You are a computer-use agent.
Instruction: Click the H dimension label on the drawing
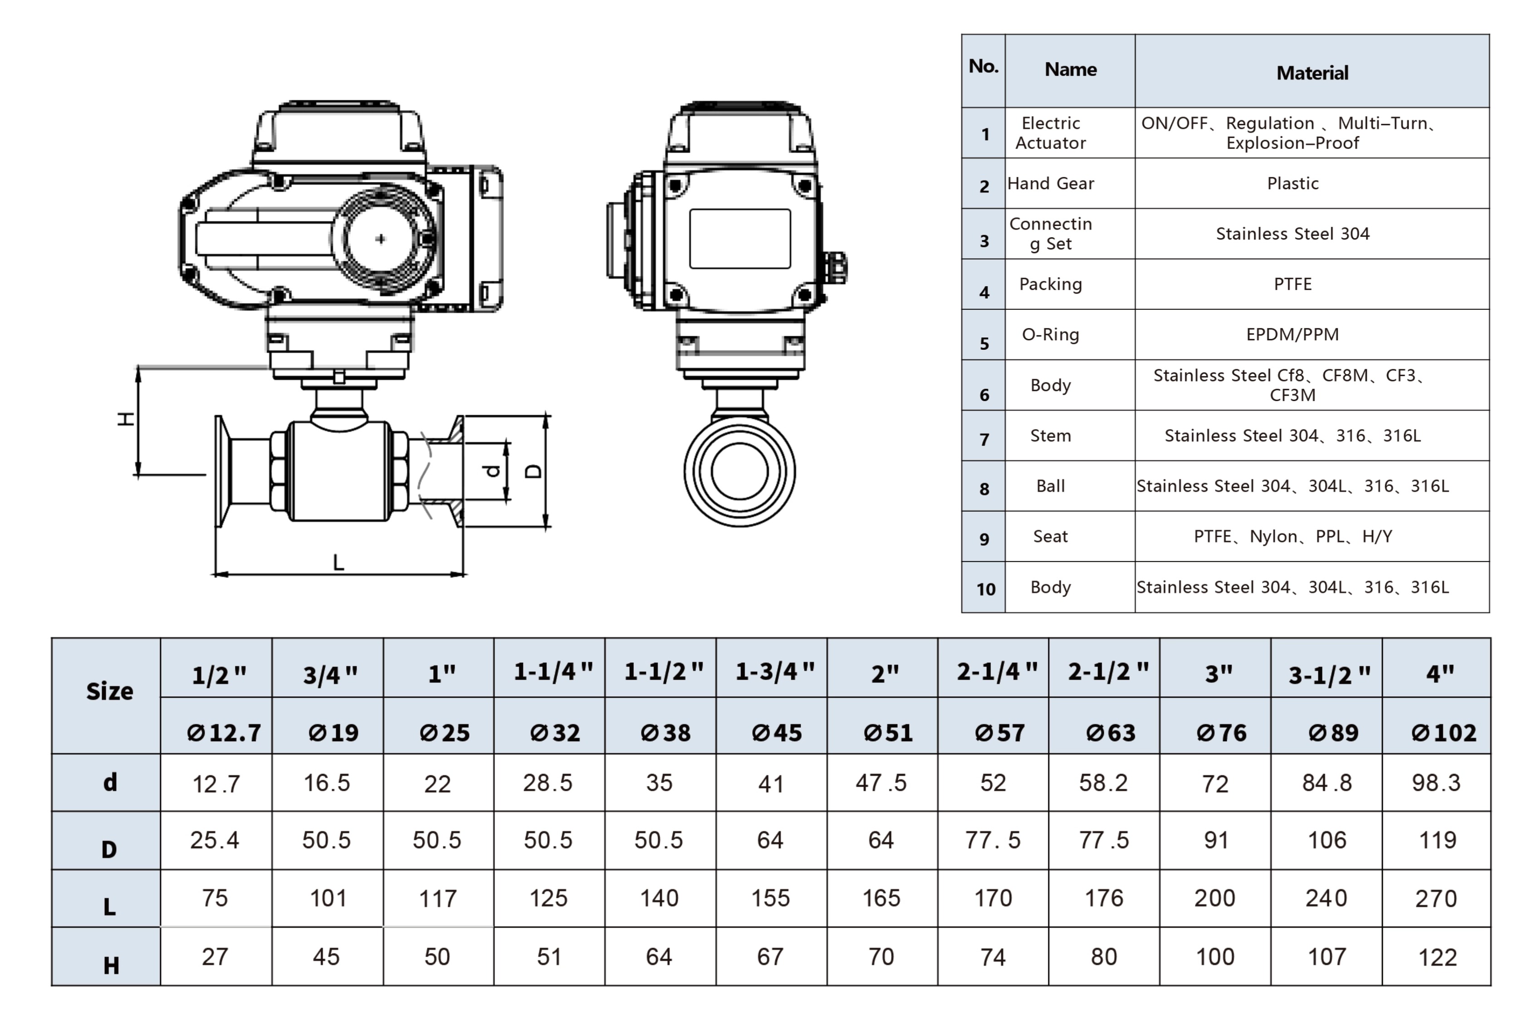pyautogui.click(x=125, y=419)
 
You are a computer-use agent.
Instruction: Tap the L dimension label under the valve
pyautogui.click(x=338, y=562)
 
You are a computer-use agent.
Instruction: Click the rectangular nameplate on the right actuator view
pyautogui.click(x=740, y=238)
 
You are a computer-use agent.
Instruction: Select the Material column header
pyautogui.click(x=1312, y=73)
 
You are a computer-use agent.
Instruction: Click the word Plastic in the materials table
pyautogui.click(x=1293, y=183)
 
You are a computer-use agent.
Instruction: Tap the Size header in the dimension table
pyautogui.click(x=110, y=691)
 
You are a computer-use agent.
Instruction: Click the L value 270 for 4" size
pyautogui.click(x=1436, y=899)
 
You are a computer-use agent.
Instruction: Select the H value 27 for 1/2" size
pyautogui.click(x=215, y=956)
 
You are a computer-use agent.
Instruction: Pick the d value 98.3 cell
pyautogui.click(x=1436, y=783)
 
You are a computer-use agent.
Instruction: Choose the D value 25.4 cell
pyautogui.click(x=215, y=840)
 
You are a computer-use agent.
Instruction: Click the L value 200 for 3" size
pyautogui.click(x=1215, y=899)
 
